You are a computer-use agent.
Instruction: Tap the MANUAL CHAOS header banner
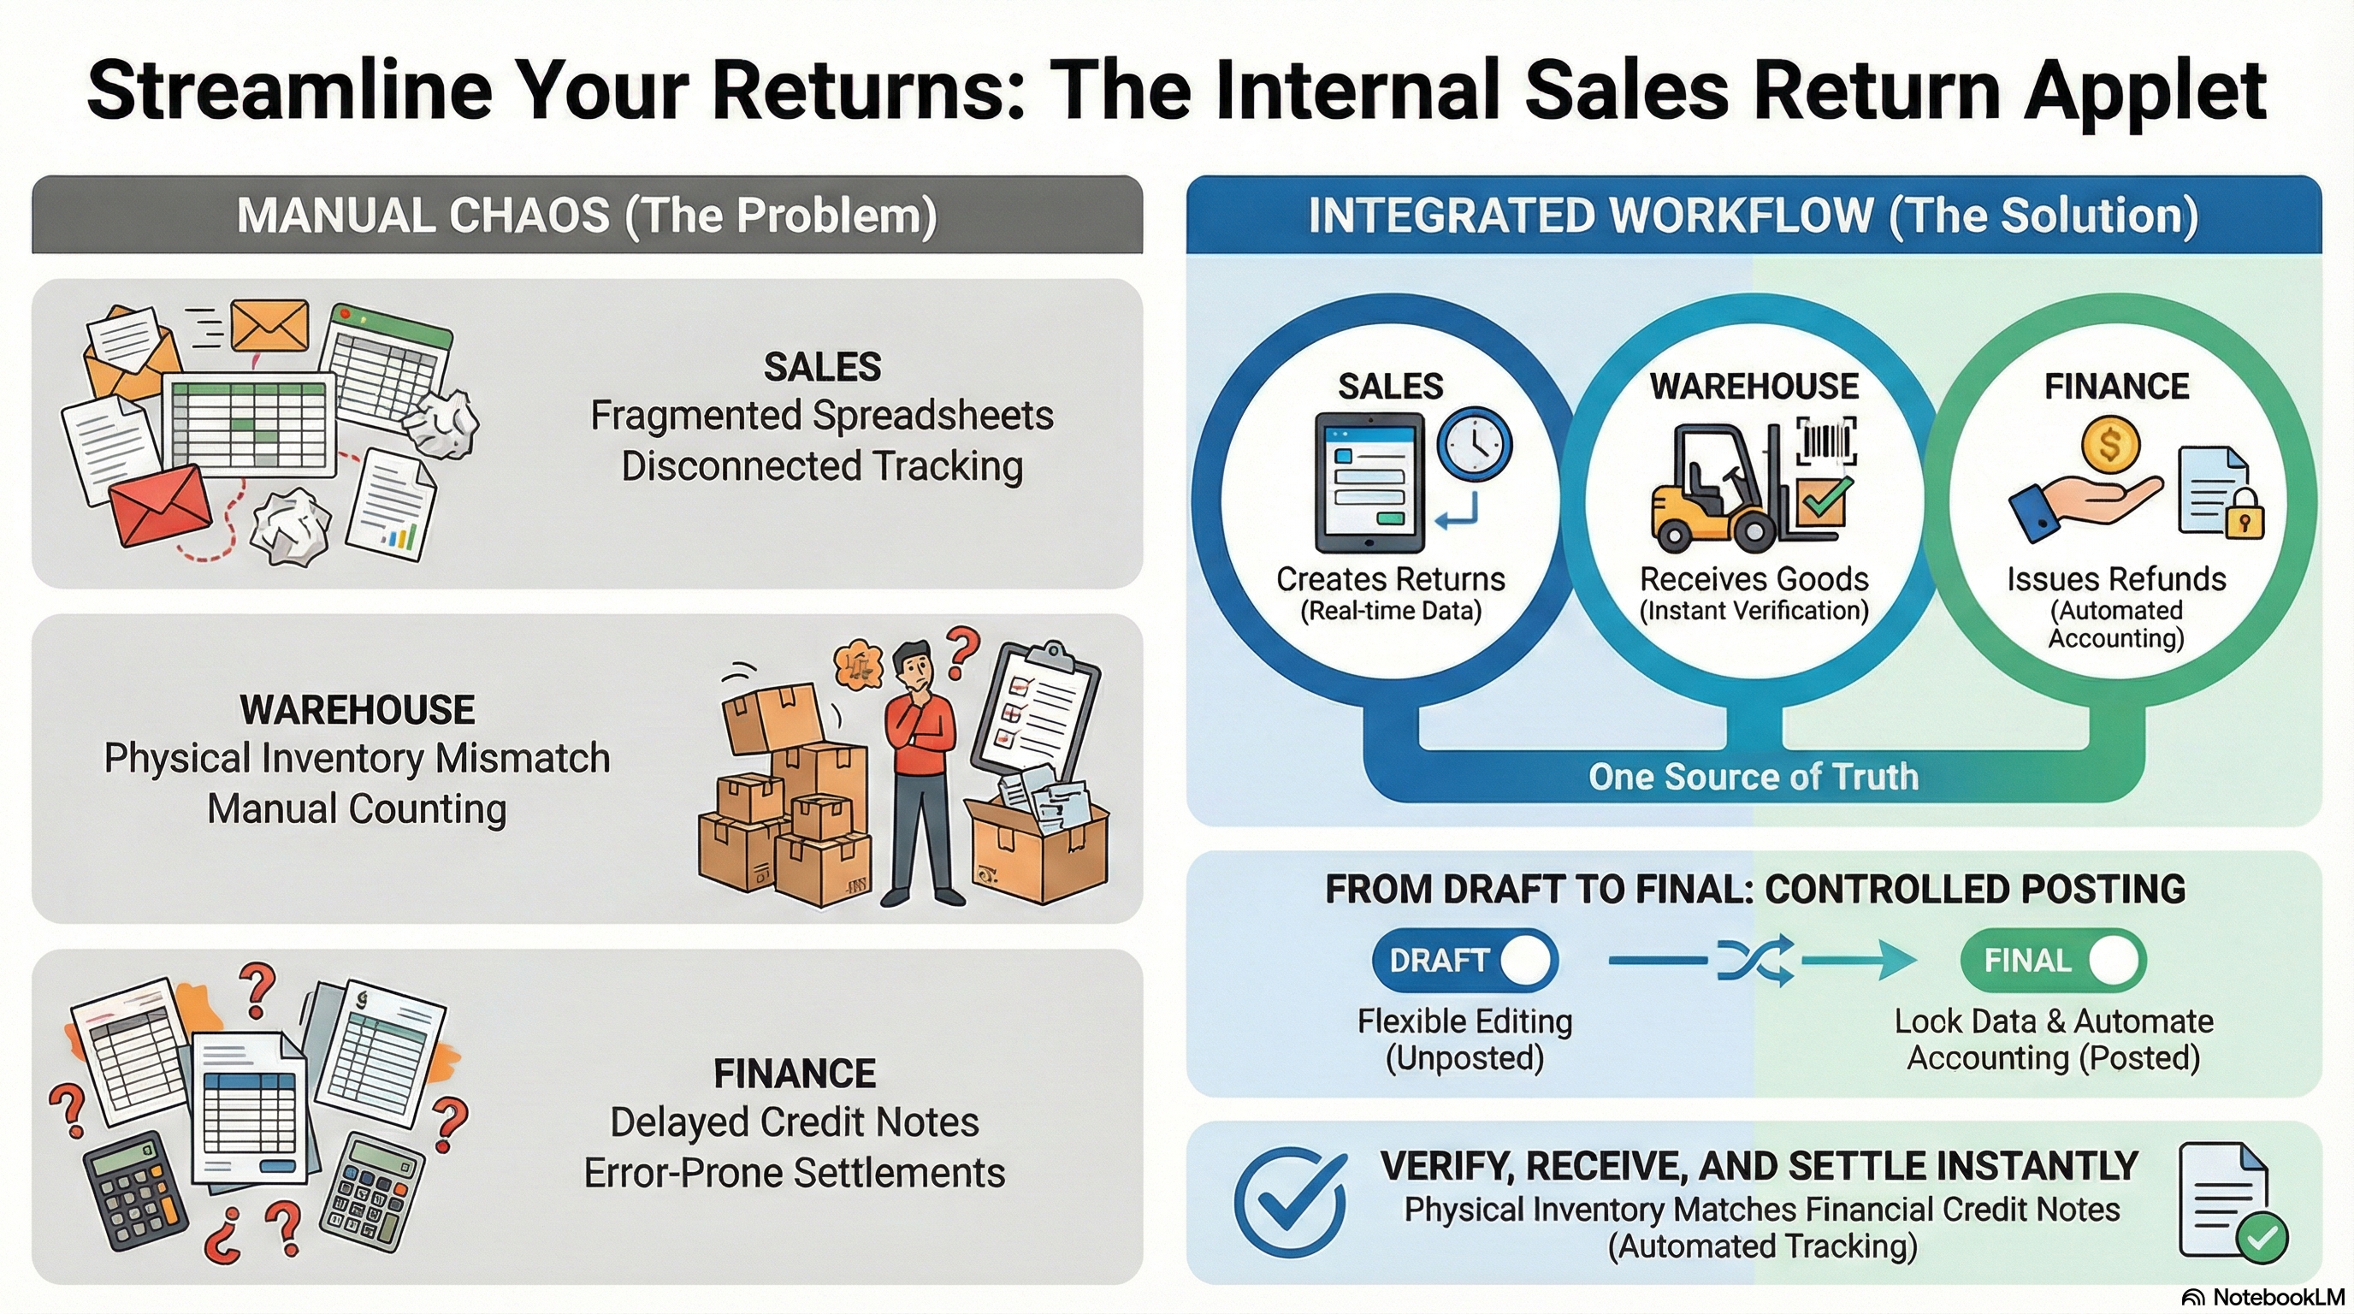pyautogui.click(x=587, y=216)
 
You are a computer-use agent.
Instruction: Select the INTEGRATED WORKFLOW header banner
pyautogui.click(x=1753, y=216)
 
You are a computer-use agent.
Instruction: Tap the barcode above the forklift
pyautogui.click(x=1827, y=442)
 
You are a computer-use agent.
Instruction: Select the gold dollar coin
pyautogui.click(x=2110, y=445)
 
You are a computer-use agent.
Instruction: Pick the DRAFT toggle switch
pyautogui.click(x=1464, y=961)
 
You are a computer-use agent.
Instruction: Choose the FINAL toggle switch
pyautogui.click(x=2052, y=961)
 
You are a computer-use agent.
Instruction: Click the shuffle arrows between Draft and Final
pyautogui.click(x=1754, y=961)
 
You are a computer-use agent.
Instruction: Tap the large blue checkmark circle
pyautogui.click(x=1289, y=1202)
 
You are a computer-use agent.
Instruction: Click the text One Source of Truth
pyautogui.click(x=1753, y=777)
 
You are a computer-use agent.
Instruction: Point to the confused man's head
pyautogui.click(x=912, y=666)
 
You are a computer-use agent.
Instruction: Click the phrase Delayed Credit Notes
pyautogui.click(x=794, y=1122)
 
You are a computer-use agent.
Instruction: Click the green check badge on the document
pyautogui.click(x=2262, y=1237)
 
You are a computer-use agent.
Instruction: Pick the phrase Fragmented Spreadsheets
pyautogui.click(x=821, y=416)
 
